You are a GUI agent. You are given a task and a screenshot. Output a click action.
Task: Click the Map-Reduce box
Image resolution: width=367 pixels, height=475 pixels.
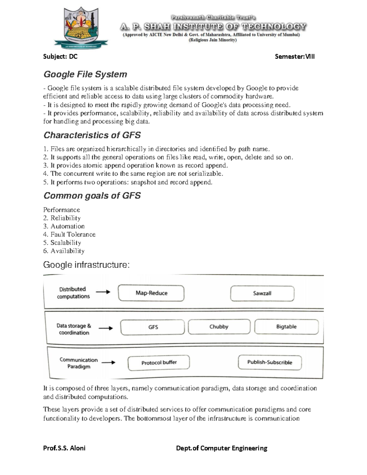(151, 293)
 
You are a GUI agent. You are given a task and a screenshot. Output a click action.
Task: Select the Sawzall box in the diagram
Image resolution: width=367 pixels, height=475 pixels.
(262, 294)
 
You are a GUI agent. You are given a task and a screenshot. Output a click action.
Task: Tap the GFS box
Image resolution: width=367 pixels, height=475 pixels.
(153, 327)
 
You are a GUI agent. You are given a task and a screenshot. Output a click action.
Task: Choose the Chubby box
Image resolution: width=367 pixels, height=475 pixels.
(219, 327)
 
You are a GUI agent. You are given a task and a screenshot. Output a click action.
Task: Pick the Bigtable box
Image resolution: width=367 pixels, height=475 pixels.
(286, 327)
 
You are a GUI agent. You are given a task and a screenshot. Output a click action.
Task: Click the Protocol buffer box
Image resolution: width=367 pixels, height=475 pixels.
(159, 363)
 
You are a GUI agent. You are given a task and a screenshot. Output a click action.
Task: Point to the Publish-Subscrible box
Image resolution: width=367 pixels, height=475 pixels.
(269, 362)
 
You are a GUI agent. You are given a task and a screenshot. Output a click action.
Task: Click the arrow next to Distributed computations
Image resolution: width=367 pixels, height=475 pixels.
(103, 292)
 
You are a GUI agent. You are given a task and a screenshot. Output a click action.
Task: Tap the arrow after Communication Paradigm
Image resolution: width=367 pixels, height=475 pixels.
(108, 363)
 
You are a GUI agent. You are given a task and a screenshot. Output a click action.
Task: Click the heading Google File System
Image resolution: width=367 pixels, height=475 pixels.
(85, 74)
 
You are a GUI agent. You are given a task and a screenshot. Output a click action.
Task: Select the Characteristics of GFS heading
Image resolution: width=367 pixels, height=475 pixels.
(92, 135)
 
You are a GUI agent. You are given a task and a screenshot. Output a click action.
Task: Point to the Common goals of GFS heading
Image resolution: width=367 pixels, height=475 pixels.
(92, 196)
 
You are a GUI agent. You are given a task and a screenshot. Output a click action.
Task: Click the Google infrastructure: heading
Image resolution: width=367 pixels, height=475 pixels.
(86, 265)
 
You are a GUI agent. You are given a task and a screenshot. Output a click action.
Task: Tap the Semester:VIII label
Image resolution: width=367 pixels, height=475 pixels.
(295, 57)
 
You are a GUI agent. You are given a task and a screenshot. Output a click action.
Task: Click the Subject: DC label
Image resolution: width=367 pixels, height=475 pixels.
(60, 57)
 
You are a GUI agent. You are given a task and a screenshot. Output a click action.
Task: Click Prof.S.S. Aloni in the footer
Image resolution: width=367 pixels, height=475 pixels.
(64, 448)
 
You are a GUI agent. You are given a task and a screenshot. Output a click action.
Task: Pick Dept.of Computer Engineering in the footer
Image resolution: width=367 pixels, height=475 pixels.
(221, 448)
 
